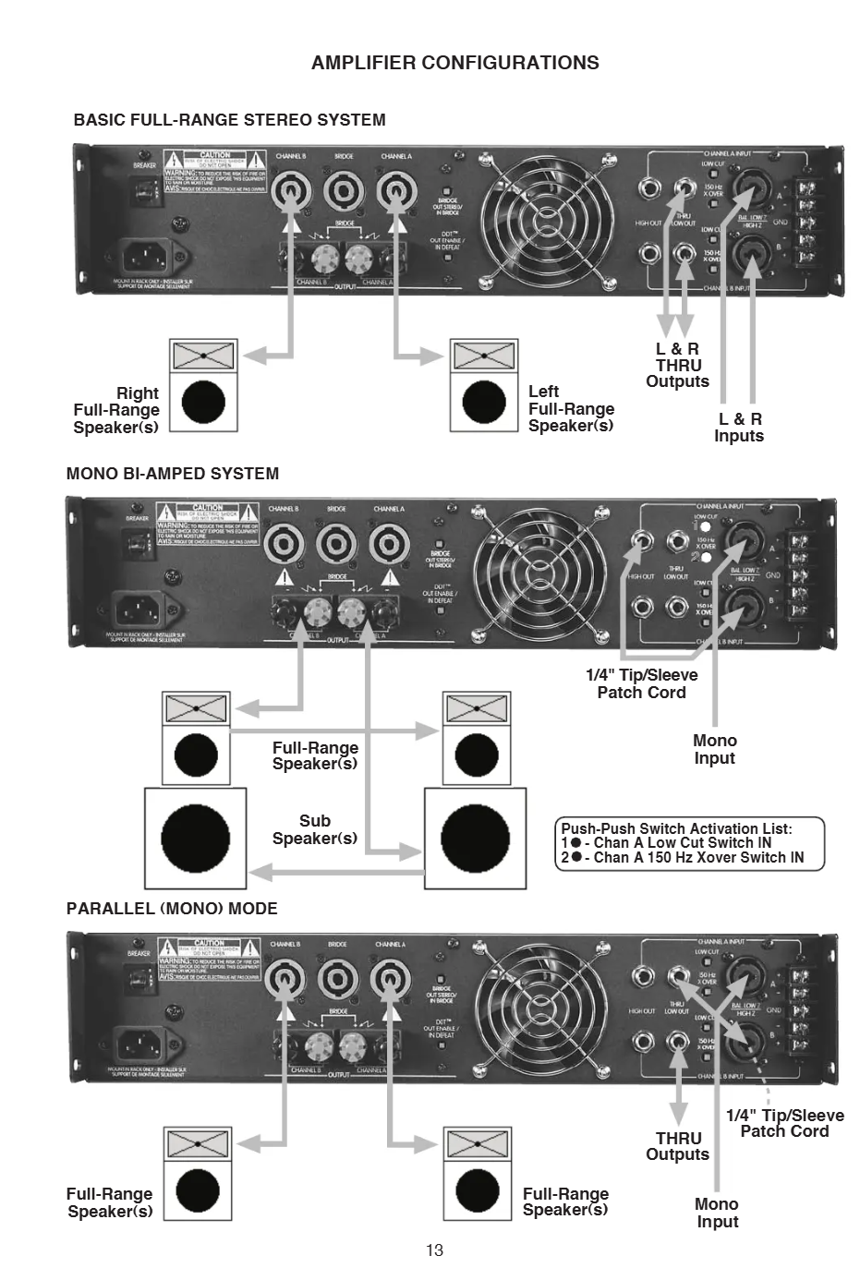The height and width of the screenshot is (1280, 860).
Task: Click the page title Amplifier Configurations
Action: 454,63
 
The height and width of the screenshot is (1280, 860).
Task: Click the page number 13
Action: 434,1250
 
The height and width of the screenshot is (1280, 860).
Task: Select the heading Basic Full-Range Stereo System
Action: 229,120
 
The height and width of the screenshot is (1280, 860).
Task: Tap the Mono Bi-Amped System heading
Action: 172,474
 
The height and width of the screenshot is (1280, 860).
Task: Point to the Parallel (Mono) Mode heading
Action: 172,909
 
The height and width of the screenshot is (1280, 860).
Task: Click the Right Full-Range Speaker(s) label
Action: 116,410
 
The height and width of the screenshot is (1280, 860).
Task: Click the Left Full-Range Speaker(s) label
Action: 571,409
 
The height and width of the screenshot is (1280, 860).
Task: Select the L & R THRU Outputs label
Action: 677,365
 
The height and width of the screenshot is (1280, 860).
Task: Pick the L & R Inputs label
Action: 739,428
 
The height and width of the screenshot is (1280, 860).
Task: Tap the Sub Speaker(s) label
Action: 314,829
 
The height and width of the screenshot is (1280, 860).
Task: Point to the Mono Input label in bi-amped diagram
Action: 714,749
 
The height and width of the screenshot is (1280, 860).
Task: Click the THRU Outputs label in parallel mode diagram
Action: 678,1146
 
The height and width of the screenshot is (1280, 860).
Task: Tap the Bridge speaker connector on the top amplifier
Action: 344,191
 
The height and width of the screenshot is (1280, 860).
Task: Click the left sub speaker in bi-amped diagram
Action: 196,839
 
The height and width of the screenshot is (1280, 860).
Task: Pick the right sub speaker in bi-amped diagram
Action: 475,839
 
